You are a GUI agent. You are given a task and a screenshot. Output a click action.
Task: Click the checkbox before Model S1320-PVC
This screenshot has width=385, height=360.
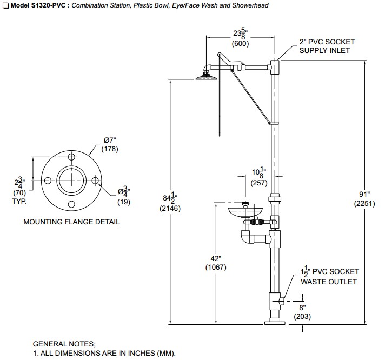pyautogui.click(x=5, y=5)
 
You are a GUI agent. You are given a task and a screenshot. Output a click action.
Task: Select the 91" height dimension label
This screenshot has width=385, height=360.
pyautogui.click(x=364, y=195)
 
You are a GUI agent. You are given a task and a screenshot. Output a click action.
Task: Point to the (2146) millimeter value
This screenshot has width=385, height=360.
pyautogui.click(x=170, y=208)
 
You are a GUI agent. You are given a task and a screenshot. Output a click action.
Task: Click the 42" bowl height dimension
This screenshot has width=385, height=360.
pyautogui.click(x=216, y=258)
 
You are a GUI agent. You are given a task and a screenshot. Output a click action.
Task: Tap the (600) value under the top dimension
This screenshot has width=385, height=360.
pyautogui.click(x=241, y=43)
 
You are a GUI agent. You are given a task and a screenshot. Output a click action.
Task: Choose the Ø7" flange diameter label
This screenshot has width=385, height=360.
pyautogui.click(x=110, y=140)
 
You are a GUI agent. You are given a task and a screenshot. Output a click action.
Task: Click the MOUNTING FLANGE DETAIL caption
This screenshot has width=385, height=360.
pyautogui.click(x=71, y=222)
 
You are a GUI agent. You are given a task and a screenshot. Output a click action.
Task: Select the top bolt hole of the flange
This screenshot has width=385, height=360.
pyautogui.click(x=71, y=157)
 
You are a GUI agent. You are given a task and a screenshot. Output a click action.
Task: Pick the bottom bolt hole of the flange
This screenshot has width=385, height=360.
pyautogui.click(x=71, y=204)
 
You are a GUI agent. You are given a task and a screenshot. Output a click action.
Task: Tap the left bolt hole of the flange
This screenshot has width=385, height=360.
pyautogui.click(x=48, y=181)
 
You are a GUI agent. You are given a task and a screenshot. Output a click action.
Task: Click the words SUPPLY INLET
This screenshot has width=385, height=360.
pyautogui.click(x=324, y=51)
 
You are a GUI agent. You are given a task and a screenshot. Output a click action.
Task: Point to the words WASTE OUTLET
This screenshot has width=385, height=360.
pyautogui.click(x=329, y=282)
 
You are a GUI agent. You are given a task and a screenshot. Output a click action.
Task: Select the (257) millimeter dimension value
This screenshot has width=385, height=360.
pyautogui.click(x=259, y=183)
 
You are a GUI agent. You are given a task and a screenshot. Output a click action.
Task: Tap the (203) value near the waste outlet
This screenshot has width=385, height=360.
pyautogui.click(x=302, y=317)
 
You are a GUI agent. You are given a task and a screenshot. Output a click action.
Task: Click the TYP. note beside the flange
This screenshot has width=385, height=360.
pyautogui.click(x=19, y=202)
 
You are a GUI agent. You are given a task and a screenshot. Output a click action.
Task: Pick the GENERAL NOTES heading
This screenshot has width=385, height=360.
pyautogui.click(x=64, y=344)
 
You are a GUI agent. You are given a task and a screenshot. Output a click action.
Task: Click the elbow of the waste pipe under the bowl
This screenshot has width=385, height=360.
pyautogui.click(x=246, y=237)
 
